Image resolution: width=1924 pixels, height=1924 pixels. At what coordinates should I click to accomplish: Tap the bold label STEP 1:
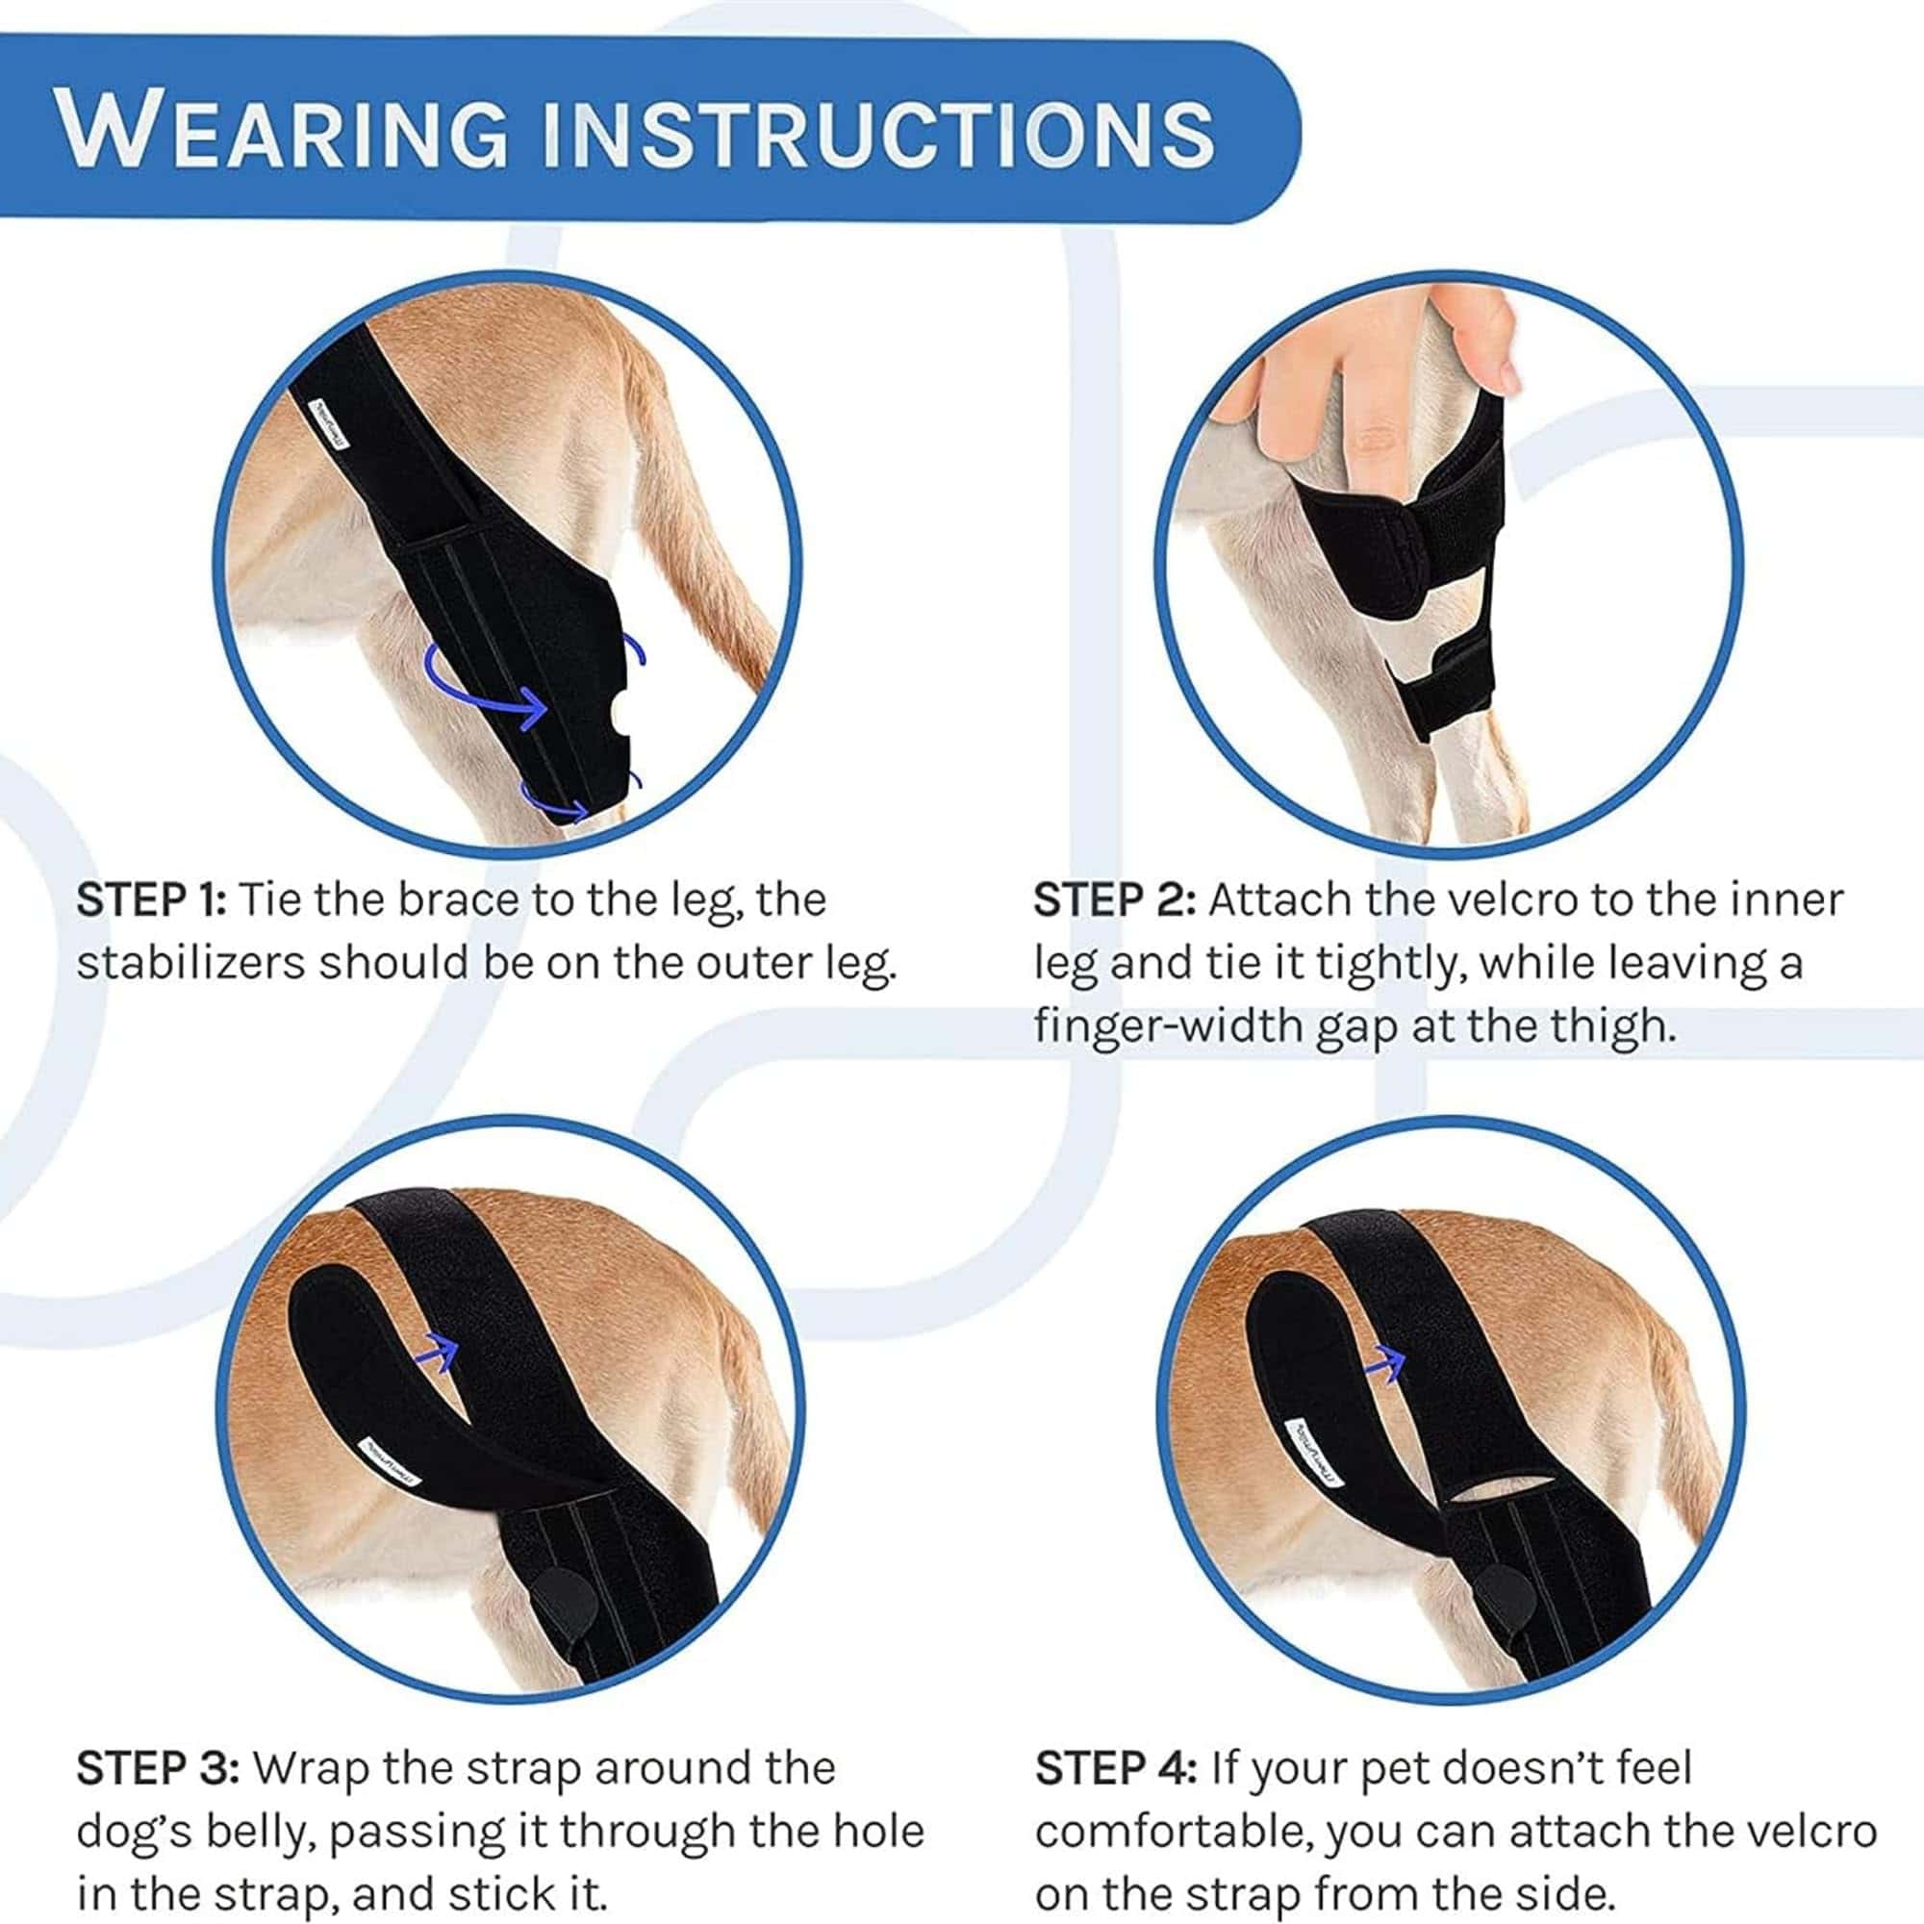click(x=151, y=900)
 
